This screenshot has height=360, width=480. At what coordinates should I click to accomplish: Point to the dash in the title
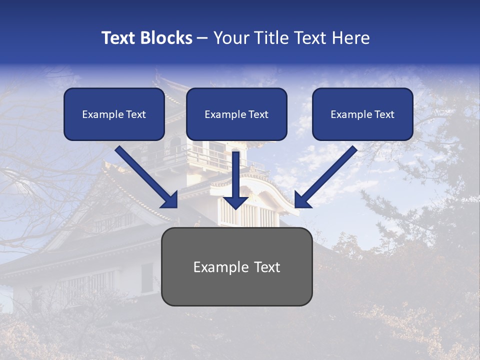202,38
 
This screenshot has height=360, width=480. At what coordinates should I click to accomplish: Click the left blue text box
114,114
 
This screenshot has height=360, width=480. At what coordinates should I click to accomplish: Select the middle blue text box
236,114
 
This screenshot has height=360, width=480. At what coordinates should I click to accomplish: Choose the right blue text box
362,114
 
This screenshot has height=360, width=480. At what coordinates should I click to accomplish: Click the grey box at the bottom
236,285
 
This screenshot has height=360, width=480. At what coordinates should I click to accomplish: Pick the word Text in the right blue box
384,114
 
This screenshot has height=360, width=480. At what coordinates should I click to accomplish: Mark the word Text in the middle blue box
258,114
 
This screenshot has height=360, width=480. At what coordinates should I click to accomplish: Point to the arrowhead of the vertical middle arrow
236,201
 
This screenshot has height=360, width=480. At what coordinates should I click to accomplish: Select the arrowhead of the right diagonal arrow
301,201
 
